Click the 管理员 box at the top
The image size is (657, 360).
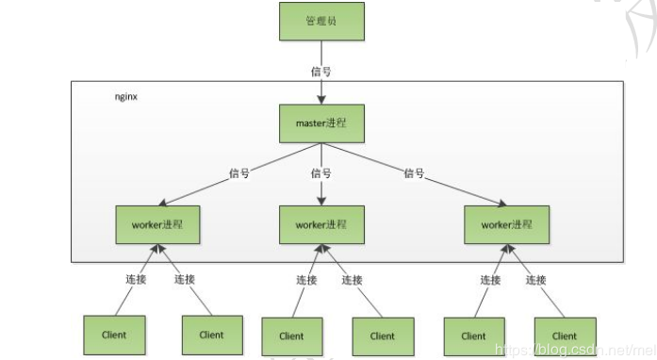pos(320,21)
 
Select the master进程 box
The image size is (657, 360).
pos(320,124)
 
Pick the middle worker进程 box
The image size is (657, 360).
pos(320,225)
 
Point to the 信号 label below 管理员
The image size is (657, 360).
pos(320,71)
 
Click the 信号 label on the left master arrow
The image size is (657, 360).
pos(239,173)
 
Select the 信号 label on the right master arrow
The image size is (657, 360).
pos(415,173)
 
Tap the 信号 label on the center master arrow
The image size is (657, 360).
pos(320,173)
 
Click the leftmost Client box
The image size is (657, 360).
pos(113,335)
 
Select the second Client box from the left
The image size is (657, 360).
pos(211,335)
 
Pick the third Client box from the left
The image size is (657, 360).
pos(291,335)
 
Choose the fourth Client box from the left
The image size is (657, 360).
pos(383,335)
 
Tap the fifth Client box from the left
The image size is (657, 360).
pos(473,335)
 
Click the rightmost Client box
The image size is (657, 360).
pos(564,335)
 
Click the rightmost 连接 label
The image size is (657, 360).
pos(536,279)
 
